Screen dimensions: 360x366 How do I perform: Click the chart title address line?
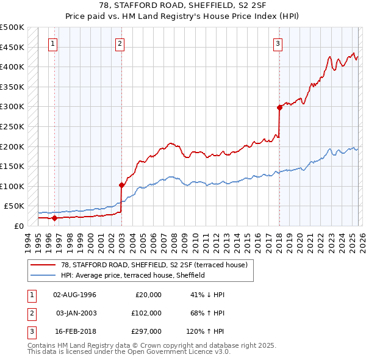(183, 5)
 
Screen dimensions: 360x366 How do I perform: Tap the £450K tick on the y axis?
(12, 47)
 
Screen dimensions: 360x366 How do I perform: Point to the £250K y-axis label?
(12, 126)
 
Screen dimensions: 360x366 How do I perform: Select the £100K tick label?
(12, 186)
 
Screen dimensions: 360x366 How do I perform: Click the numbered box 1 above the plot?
(54, 43)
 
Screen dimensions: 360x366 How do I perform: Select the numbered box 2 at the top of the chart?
(121, 43)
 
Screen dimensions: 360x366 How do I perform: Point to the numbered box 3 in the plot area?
(278, 43)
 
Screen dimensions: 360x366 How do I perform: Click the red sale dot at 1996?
(54, 217)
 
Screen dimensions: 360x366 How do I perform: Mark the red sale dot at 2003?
(121, 185)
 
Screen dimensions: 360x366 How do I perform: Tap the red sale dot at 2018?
(279, 107)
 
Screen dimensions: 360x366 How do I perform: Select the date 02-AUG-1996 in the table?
(74, 295)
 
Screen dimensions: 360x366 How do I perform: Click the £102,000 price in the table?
(146, 313)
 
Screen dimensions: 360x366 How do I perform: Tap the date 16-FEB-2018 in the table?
(74, 331)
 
